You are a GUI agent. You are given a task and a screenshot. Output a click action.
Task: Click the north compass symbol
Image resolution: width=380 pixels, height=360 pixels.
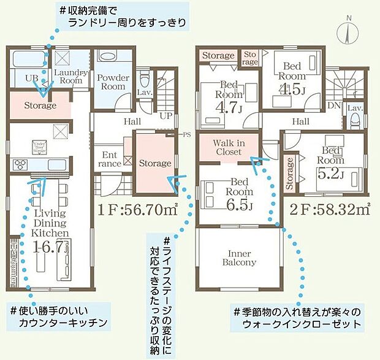(x=348, y=29)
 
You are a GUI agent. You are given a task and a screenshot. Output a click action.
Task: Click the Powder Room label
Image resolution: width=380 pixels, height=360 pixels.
(x=113, y=82)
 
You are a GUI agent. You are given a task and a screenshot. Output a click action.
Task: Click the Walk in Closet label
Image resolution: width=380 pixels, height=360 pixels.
(x=228, y=147)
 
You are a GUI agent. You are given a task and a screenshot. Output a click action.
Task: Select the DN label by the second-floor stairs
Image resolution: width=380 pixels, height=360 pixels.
(x=334, y=105)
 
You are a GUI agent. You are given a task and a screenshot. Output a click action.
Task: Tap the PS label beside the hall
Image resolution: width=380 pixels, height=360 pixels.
(x=186, y=134)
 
